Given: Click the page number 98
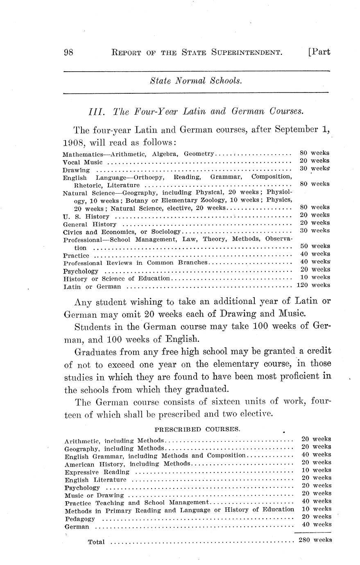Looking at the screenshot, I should click(x=68, y=52).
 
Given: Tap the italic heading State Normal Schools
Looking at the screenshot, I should click(x=196, y=81).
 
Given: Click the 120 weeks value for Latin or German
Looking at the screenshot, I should click(x=313, y=285).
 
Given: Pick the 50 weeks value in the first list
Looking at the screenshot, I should click(x=315, y=246).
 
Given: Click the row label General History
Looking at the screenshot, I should click(x=90, y=224).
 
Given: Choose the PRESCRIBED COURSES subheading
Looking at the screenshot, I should click(x=197, y=429).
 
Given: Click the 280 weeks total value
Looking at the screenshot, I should click(x=315, y=540).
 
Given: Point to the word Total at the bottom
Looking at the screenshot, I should click(x=96, y=542).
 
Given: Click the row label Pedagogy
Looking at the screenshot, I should click(x=80, y=519).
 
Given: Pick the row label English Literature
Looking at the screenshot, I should click(x=95, y=480).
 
